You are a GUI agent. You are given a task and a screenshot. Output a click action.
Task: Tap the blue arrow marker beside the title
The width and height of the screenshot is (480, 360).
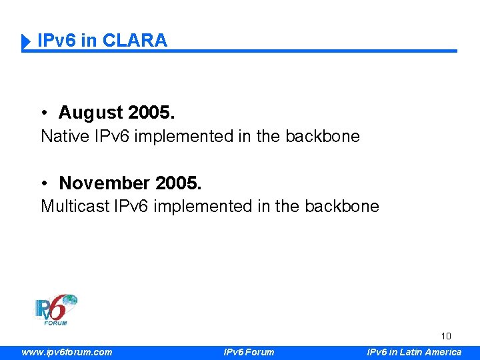pos(27,42)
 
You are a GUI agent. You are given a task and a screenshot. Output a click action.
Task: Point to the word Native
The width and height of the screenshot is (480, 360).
pos(64,137)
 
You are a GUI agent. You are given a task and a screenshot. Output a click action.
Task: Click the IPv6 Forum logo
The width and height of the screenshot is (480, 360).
pos(56,310)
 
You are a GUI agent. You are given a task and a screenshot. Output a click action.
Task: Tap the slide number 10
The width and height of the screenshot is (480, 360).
pos(446,337)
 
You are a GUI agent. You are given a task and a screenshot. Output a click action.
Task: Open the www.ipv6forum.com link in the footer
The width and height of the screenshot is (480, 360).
pos(67,352)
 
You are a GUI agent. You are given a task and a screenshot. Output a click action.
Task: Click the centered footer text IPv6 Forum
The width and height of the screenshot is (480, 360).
pos(248,352)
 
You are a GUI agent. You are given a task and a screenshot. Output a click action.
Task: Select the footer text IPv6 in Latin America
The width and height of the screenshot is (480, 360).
pos(414,352)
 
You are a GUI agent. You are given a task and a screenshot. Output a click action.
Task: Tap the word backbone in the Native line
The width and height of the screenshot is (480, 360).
pos(323,137)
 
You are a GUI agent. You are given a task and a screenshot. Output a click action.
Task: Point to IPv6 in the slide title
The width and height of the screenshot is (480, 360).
pos(57,41)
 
